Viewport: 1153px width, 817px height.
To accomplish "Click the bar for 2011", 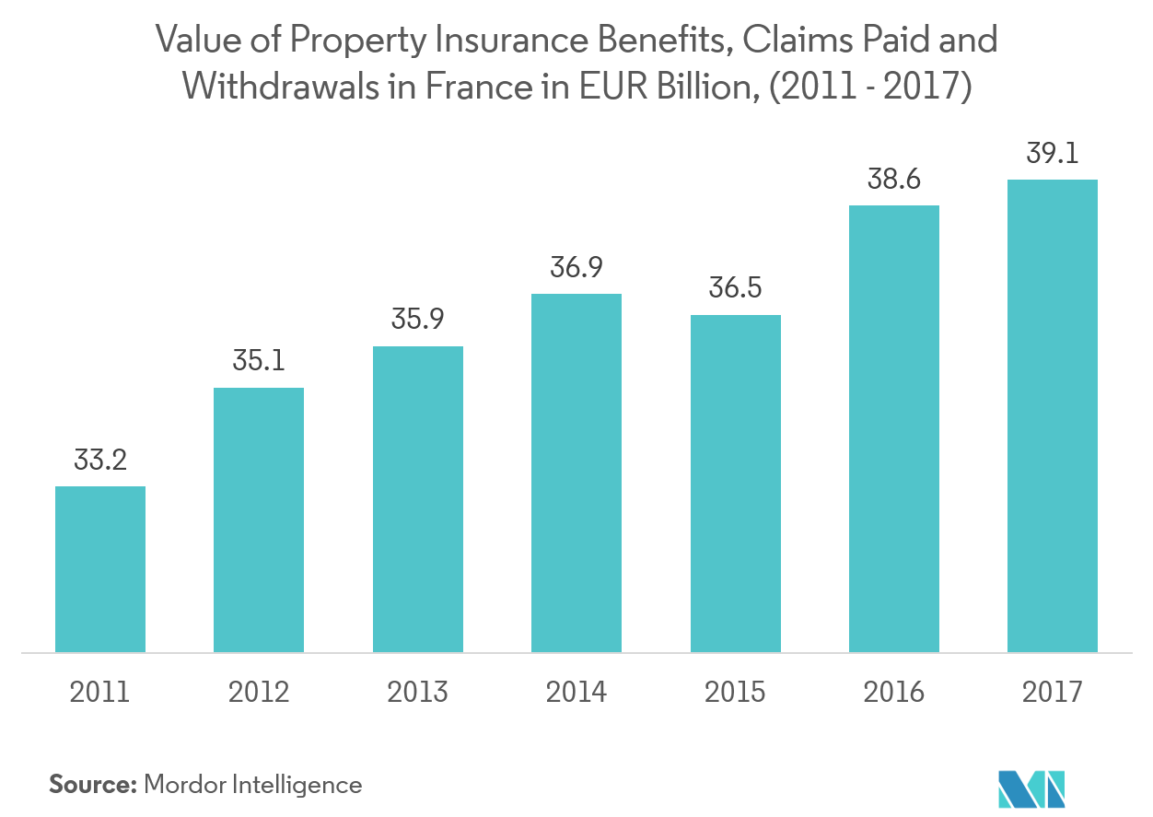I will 100,569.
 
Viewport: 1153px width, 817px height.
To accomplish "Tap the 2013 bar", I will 417,499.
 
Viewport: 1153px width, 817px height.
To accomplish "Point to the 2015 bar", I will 735,484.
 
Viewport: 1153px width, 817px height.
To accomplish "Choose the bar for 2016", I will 894,429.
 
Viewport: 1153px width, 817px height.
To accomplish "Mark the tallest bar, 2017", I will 1053,416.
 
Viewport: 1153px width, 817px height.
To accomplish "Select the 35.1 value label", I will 259,361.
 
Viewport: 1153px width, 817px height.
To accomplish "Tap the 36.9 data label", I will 576,268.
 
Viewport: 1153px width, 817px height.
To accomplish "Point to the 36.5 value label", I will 735,288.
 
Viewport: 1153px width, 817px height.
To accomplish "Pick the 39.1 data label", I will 1053,153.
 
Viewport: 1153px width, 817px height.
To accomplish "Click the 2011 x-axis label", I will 100,692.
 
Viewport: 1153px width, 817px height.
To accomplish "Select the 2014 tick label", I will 576,692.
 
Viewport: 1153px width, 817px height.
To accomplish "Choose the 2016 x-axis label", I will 894,692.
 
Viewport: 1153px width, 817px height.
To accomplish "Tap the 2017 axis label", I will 1053,692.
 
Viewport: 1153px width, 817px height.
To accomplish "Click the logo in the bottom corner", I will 1031,788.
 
